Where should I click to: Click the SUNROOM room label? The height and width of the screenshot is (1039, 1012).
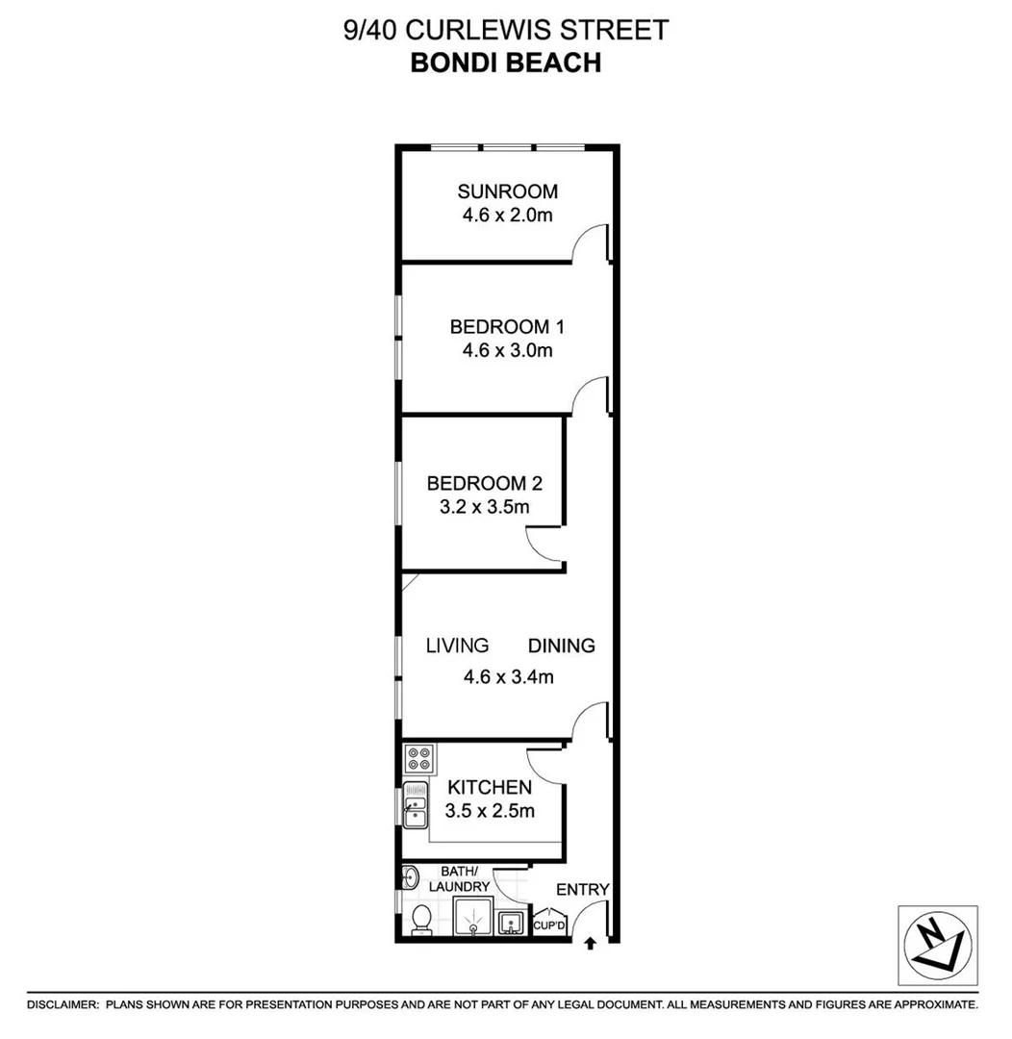[x=507, y=190]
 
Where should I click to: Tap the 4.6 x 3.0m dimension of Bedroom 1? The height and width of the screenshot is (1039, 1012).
[x=507, y=351]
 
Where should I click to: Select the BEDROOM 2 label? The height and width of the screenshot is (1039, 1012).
[x=478, y=482]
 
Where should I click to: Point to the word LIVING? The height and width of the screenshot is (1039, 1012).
[x=458, y=646]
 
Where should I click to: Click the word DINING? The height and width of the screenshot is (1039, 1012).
[x=562, y=646]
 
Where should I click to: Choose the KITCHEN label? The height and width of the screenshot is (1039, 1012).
[x=490, y=787]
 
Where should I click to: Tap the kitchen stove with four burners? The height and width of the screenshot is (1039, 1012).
[x=418, y=757]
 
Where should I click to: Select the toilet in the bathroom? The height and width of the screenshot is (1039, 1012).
[x=421, y=919]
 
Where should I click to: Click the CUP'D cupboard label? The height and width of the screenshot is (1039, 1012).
[x=549, y=926]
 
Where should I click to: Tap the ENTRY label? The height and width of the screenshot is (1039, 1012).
[x=583, y=889]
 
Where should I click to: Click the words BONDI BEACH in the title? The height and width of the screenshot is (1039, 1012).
[x=505, y=63]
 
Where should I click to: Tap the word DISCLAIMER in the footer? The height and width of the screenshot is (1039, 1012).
[x=63, y=1004]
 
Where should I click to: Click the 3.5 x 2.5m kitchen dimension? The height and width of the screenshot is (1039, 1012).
[x=490, y=811]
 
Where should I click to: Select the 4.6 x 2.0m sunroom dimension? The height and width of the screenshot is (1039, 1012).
[x=507, y=215]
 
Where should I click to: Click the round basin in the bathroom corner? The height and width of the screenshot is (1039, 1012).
[x=410, y=875]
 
